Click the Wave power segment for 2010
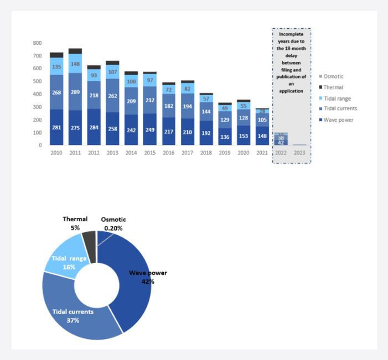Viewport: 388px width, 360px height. point(56,127)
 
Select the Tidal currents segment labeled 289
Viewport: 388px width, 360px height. point(75,91)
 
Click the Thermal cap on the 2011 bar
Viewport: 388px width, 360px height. point(75,51)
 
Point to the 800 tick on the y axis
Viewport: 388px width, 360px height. point(38,43)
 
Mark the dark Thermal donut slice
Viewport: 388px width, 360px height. point(89,239)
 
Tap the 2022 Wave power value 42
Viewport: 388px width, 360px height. point(281,142)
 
